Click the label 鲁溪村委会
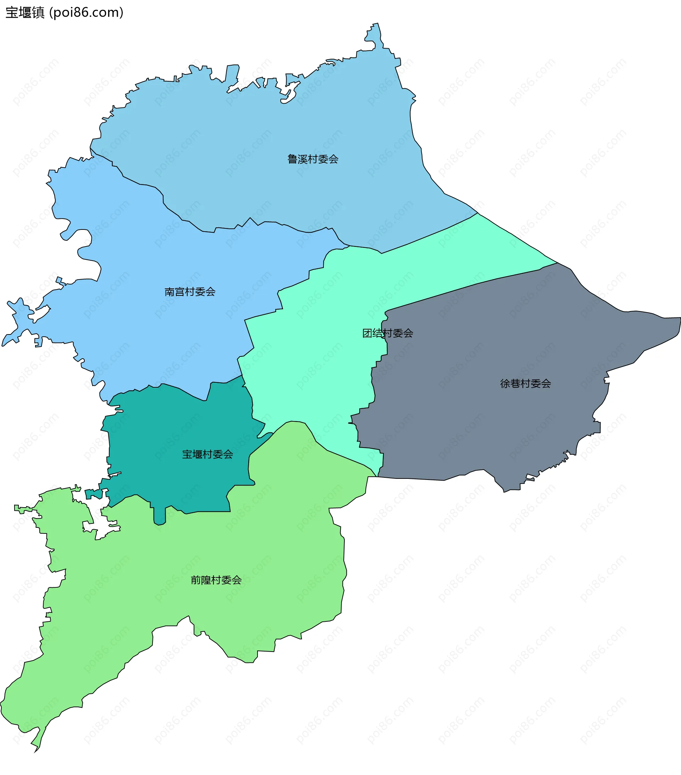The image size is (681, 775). pos(312,159)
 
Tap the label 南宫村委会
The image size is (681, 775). pos(190,292)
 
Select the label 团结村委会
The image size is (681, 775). pos(388,333)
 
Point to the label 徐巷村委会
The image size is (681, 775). pos(525,384)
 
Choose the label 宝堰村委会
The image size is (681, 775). pos(207,454)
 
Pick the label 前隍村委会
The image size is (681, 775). pos(216,580)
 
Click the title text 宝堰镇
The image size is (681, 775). pos(25,12)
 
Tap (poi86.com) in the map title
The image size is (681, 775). pos(87,12)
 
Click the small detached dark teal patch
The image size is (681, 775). pos(94,494)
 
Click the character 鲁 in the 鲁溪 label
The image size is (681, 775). pos(292,159)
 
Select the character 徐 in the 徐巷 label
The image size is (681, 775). pos(505,384)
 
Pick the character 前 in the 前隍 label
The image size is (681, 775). pos(195,580)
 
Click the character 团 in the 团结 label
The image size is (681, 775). pos(367,333)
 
